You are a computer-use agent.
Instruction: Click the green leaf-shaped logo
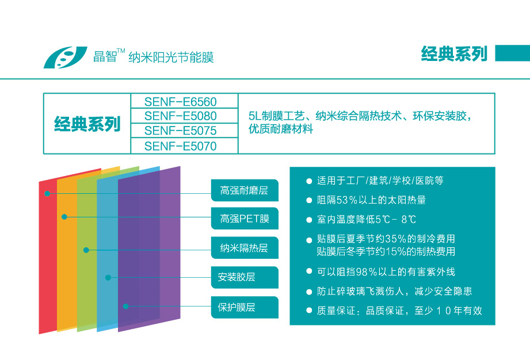pyautogui.click(x=65, y=57)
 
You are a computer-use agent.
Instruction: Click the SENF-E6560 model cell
pyautogui.click(x=184, y=101)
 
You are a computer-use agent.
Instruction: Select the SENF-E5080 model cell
pyautogui.click(x=184, y=116)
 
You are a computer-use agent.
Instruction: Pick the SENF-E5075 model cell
pyautogui.click(x=184, y=131)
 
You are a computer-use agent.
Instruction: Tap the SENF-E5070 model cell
pyautogui.click(x=184, y=146)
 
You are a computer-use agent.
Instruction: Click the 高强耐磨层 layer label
pyautogui.click(x=245, y=190)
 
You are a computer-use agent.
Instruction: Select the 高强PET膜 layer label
pyautogui.click(x=245, y=219)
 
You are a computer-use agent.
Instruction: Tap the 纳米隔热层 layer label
pyautogui.click(x=245, y=248)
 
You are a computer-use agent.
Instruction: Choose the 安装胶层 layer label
pyautogui.click(x=245, y=277)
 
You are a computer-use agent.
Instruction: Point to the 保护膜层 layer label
pyautogui.click(x=245, y=307)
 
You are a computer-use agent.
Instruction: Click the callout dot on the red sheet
pyautogui.click(x=47, y=193)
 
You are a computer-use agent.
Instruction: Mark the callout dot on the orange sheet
pyautogui.click(x=64, y=217)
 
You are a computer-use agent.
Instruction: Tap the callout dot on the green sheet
pyautogui.click(x=86, y=250)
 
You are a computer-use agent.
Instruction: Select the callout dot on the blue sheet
pyautogui.click(x=108, y=278)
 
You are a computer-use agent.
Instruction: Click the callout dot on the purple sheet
pyautogui.click(x=126, y=307)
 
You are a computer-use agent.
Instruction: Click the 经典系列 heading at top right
pyautogui.click(x=454, y=53)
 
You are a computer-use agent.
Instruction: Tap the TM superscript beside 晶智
pyautogui.click(x=121, y=51)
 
